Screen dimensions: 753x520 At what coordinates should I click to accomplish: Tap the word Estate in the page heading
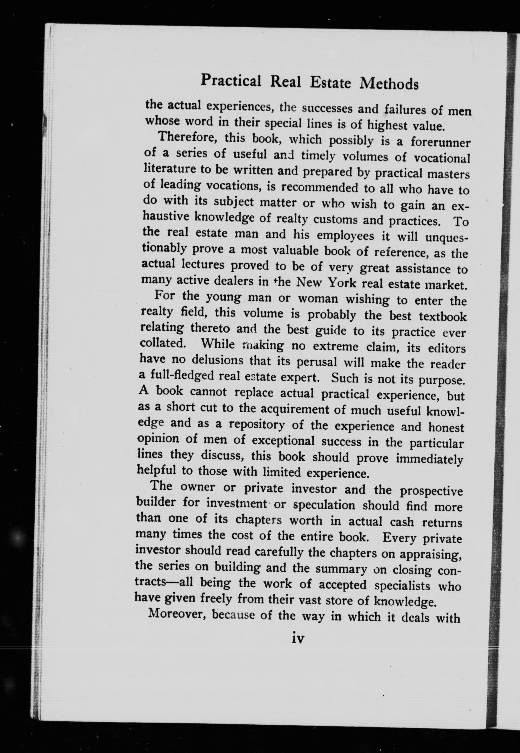[330, 83]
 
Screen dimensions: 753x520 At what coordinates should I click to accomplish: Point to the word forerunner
[440, 142]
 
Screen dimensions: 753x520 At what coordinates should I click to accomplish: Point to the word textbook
[442, 316]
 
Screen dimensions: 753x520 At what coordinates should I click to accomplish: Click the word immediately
[429, 459]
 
